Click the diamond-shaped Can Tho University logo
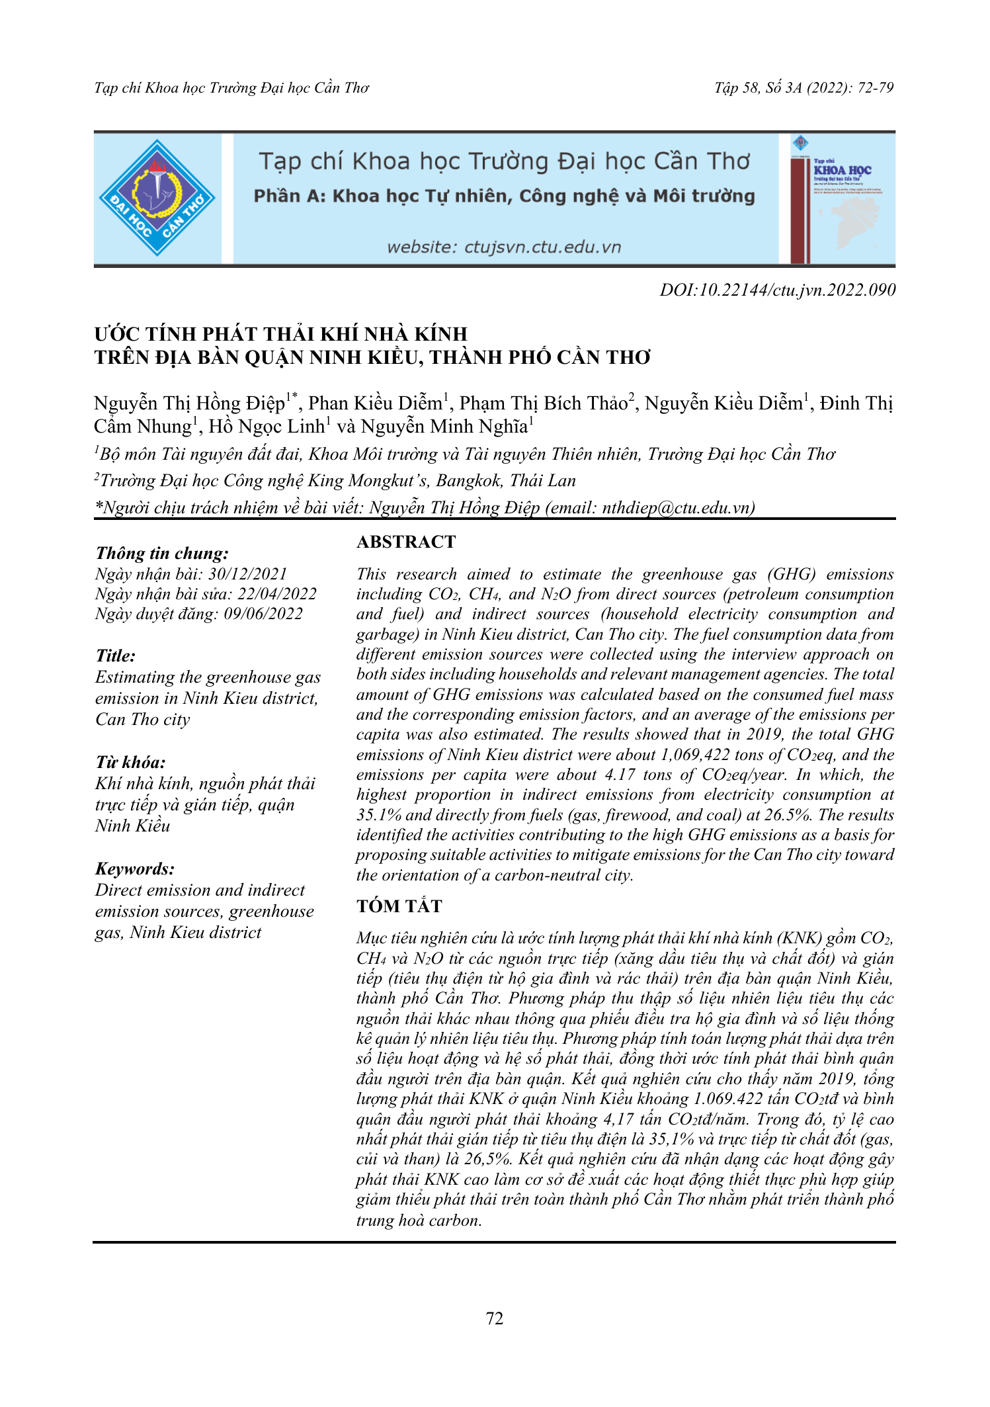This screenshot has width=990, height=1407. [x=157, y=198]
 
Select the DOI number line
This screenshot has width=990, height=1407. [x=778, y=290]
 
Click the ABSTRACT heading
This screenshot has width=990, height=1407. [x=406, y=542]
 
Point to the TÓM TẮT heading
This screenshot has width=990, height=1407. [x=399, y=906]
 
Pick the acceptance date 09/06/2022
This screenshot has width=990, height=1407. [x=263, y=614]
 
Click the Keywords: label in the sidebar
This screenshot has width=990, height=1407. [x=135, y=869]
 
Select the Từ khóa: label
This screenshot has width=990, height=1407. [x=130, y=762]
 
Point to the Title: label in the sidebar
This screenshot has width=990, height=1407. [x=116, y=656]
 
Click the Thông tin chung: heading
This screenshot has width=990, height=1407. [x=162, y=553]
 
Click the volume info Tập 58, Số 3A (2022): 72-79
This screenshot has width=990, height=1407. [x=804, y=88]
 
